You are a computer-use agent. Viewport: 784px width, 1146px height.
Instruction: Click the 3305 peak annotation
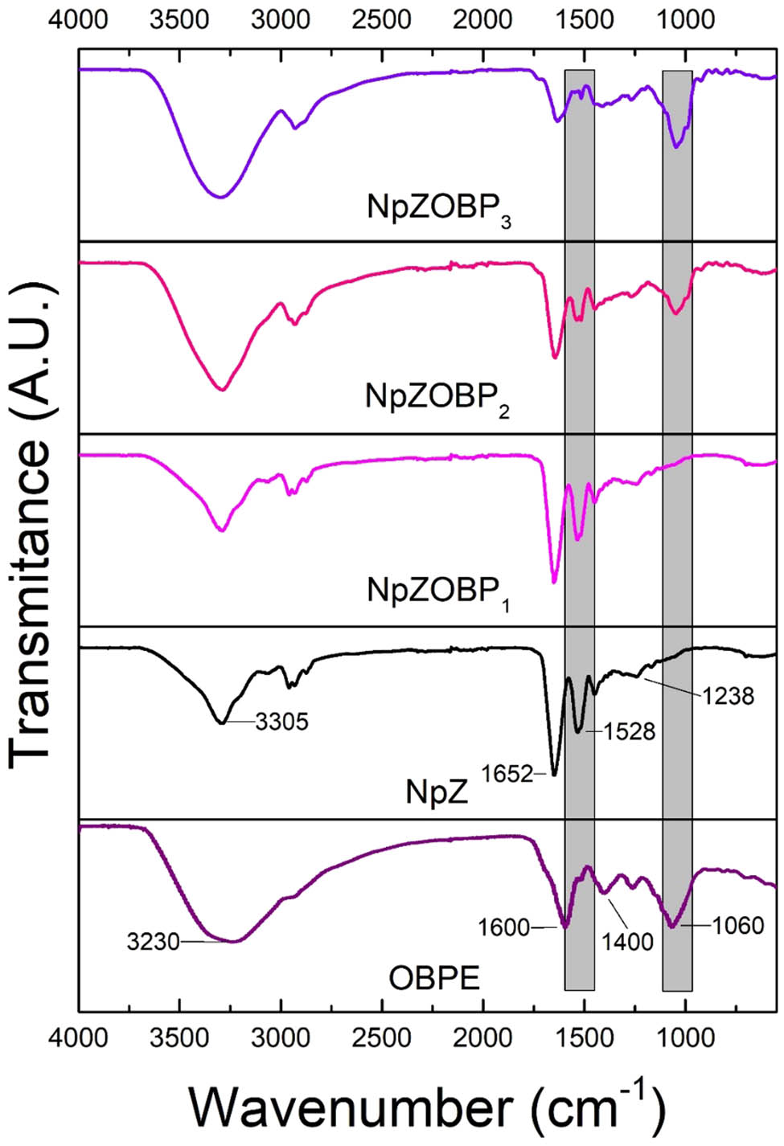[x=281, y=722]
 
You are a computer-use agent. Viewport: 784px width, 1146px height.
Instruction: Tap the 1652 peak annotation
[x=507, y=774]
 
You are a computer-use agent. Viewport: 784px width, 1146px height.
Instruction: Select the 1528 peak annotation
[x=630, y=731]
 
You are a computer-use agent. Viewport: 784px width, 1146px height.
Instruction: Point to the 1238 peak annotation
[x=728, y=695]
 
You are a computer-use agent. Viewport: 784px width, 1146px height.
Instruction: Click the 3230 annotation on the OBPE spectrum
[x=153, y=940]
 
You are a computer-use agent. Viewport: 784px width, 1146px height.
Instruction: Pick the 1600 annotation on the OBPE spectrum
[x=503, y=927]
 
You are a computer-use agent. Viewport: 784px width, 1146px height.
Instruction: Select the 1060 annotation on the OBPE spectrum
[x=737, y=926]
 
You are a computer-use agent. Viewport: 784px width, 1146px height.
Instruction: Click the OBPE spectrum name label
[x=434, y=978]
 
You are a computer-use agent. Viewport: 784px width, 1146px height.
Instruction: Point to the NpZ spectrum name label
[x=437, y=792]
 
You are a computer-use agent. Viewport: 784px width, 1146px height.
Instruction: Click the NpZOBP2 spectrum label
[x=437, y=398]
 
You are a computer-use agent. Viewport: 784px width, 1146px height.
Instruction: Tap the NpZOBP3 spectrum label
[x=439, y=208]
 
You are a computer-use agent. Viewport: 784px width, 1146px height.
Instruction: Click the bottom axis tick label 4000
[x=79, y=1038]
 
